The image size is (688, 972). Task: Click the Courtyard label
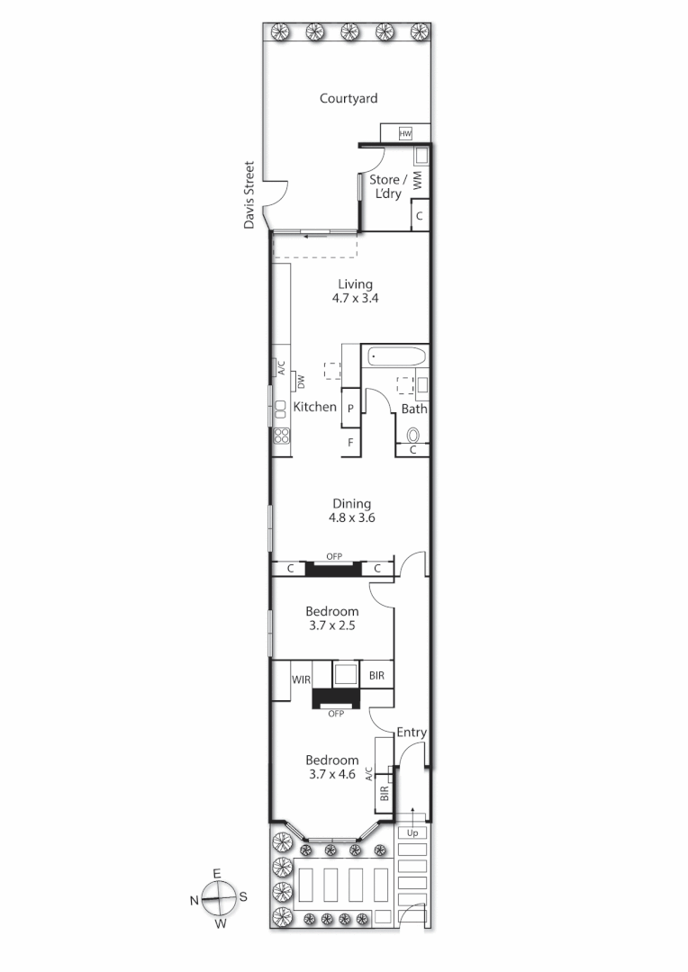[x=349, y=99]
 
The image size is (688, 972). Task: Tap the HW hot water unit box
[x=405, y=134]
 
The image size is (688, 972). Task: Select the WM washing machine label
[x=418, y=181]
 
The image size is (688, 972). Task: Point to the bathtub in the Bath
[x=396, y=356]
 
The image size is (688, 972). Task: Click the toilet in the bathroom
[x=413, y=433]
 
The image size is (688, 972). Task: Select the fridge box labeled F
[x=350, y=443]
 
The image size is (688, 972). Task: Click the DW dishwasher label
[x=302, y=382]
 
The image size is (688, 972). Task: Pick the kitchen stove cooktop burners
[x=281, y=436]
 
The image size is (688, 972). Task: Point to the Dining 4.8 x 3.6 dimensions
[x=351, y=518]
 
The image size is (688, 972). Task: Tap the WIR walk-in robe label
[x=301, y=679]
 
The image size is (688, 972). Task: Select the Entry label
[x=412, y=733]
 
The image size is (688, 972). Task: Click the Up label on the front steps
[x=412, y=832]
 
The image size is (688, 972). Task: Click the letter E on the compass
[x=217, y=874]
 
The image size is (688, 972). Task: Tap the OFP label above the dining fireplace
[x=334, y=556]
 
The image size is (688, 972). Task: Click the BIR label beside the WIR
[x=376, y=674]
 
